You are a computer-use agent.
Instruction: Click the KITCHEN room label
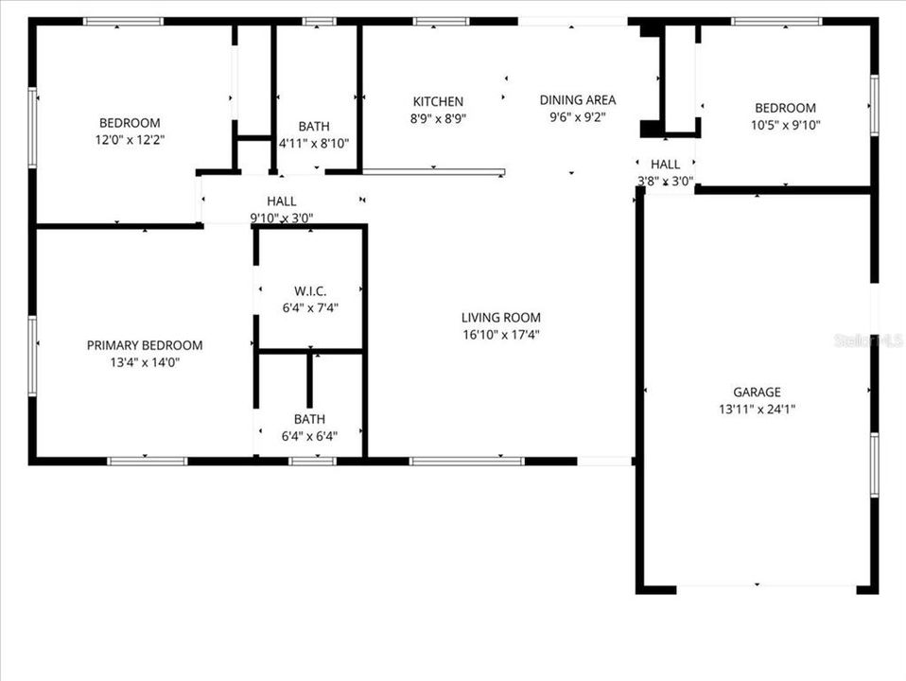coord(438,102)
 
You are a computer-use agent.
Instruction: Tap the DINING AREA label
coord(577,100)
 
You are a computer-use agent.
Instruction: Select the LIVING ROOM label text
coord(500,318)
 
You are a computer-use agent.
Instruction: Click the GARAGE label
coord(757,393)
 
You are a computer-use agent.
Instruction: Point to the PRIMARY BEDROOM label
coord(145,345)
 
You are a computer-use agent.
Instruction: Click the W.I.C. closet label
coord(309,291)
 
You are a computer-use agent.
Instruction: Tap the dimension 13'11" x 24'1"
coord(757,410)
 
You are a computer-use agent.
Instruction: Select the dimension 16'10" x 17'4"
coord(500,334)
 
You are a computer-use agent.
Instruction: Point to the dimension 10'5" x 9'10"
coord(783,125)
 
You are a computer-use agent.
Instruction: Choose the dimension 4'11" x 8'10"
coord(314,144)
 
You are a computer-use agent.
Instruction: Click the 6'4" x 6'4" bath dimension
coord(309,436)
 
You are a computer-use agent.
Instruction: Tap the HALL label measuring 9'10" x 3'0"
coord(281,201)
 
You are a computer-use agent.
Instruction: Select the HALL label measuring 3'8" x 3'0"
coord(665,165)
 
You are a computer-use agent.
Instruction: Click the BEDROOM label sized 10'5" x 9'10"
coord(783,109)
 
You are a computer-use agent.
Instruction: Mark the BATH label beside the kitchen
coord(314,127)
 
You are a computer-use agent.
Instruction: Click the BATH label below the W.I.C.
coord(309,419)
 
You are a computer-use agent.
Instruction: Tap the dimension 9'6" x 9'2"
coord(577,117)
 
